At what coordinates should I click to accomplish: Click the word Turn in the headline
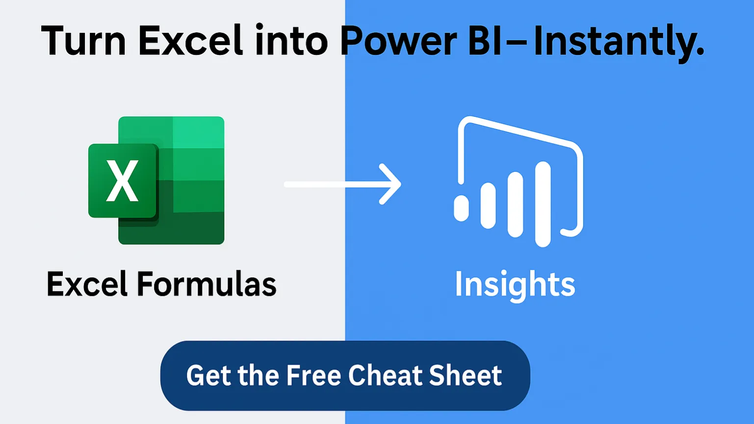point(83,40)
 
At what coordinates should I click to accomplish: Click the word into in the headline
point(291,40)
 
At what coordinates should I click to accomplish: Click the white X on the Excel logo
point(122,181)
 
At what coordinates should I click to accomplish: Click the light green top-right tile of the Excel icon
point(198,132)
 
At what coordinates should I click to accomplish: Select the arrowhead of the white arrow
point(390,184)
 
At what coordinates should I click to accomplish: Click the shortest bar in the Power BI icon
point(461,209)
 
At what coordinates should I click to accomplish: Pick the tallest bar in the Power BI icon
point(543,204)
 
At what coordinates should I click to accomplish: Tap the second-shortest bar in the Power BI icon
point(488,206)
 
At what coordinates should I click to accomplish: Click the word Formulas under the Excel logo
point(207,284)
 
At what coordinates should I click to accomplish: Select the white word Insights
point(515,286)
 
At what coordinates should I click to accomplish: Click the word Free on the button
point(314,375)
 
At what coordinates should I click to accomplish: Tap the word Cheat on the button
point(385,375)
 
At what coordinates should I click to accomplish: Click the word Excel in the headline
point(190,40)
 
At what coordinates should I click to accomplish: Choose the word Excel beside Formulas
point(87,284)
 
